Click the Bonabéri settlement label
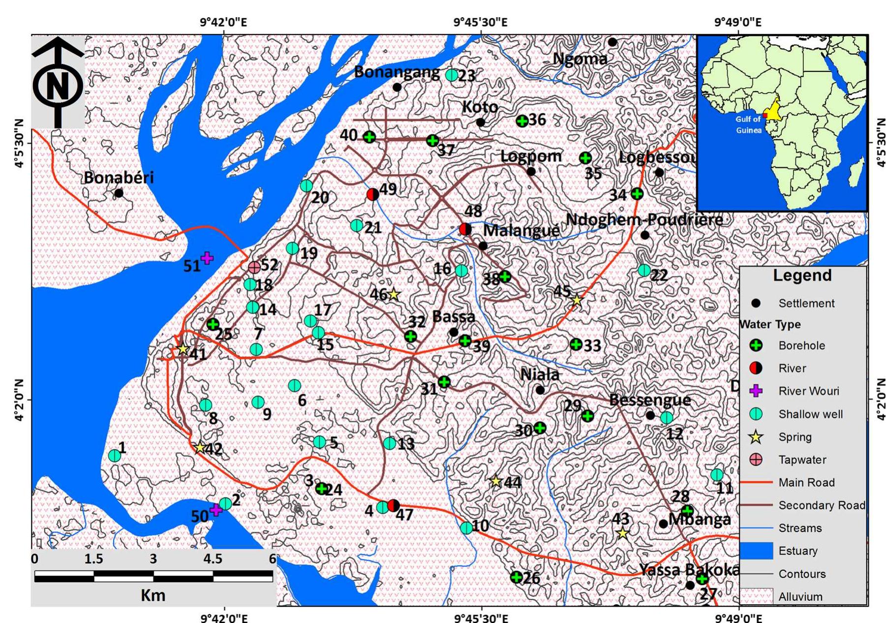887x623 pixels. [119, 178]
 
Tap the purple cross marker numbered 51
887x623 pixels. [207, 258]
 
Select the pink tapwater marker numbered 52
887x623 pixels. [254, 267]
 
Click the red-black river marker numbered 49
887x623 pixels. [373, 194]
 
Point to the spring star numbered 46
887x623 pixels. [393, 295]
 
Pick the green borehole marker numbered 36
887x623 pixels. [522, 121]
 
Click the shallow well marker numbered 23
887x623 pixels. [452, 75]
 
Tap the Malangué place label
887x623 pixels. [521, 230]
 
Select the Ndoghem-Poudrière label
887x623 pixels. [644, 219]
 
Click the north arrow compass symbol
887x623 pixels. [58, 84]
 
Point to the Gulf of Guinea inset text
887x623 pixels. [748, 125]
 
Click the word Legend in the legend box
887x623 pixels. [802, 276]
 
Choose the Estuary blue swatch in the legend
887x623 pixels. [756, 551]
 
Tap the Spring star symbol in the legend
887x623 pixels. [756, 437]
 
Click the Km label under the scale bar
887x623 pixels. [153, 595]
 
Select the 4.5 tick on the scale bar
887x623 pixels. [213, 559]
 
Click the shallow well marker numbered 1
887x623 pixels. [114, 456]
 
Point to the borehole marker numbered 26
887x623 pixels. [516, 577]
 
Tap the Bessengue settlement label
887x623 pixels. [649, 400]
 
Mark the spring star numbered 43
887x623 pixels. [622, 533]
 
